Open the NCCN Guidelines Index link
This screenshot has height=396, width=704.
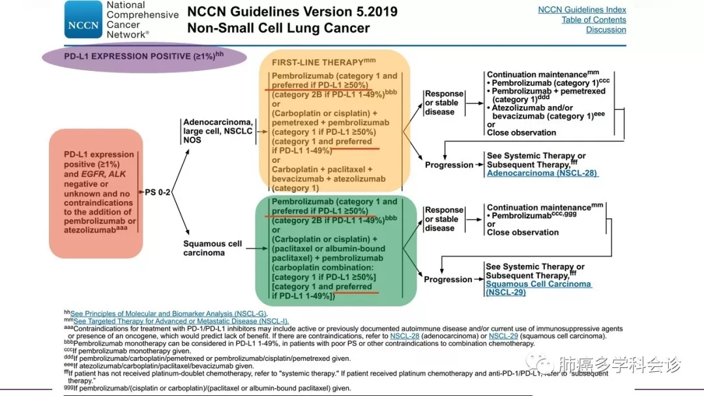[x=581, y=10]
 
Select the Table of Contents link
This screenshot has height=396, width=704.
[x=593, y=20]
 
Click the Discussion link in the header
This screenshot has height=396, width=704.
[x=606, y=30]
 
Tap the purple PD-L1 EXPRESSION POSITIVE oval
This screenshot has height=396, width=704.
[x=144, y=57]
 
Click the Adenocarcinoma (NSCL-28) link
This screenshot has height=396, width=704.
[x=542, y=173]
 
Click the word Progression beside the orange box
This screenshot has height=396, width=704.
[x=449, y=165]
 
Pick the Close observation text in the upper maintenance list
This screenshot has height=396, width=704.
[x=521, y=133]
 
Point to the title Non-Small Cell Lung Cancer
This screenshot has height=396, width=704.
[x=278, y=28]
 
